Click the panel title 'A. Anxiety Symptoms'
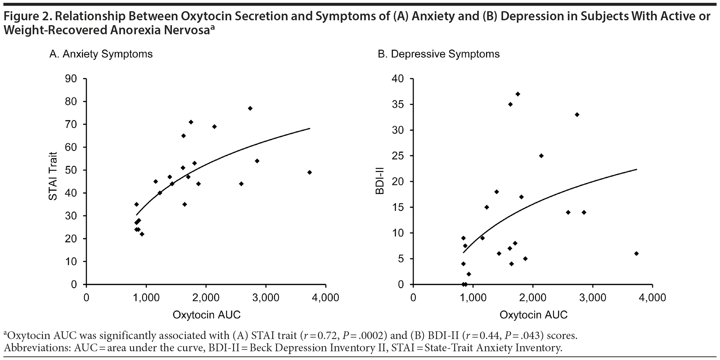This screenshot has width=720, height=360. (x=101, y=54)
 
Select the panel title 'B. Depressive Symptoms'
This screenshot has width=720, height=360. (x=439, y=54)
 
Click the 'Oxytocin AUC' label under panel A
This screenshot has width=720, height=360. (x=206, y=315)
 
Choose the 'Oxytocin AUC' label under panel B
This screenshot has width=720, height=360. (x=533, y=315)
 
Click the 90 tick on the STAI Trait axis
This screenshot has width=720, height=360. (x=71, y=79)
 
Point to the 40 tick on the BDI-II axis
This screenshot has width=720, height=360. (x=398, y=79)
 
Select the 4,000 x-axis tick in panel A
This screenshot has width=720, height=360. (x=326, y=298)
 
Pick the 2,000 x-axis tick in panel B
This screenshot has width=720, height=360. (x=533, y=298)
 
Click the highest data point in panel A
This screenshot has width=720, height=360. (x=250, y=108)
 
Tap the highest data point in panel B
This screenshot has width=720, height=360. (x=518, y=94)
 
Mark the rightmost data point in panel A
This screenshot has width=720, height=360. (x=310, y=172)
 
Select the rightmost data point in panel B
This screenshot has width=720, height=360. (x=637, y=253)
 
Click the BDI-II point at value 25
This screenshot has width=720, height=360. (x=541, y=156)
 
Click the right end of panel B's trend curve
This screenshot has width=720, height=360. (x=637, y=170)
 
